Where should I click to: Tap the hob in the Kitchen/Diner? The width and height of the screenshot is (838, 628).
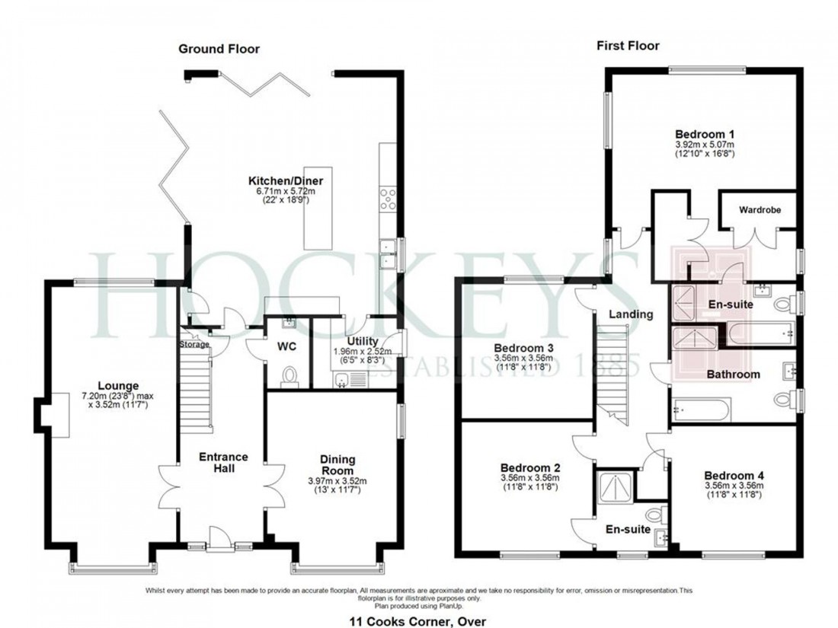tap(387, 197)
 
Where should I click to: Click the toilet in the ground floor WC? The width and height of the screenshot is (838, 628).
tap(289, 375)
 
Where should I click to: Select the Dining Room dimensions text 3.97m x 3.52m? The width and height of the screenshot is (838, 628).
tap(337, 481)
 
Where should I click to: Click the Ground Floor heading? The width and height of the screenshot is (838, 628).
tap(219, 49)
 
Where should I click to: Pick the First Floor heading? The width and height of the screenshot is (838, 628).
tap(628, 46)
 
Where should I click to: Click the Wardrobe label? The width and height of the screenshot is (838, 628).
tap(759, 209)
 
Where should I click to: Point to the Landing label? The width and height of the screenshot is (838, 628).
tap(630, 314)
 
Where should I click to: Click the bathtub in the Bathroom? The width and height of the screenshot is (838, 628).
tap(701, 410)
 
